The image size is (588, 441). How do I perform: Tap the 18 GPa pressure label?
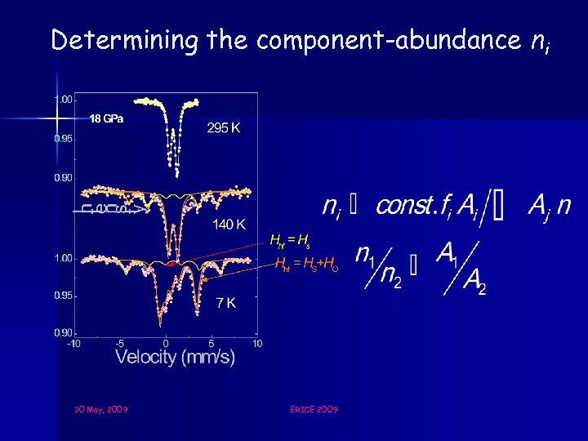[106, 119]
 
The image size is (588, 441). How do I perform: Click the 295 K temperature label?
[223, 129]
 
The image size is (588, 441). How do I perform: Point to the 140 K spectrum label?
[231, 224]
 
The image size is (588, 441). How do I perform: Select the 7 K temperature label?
[226, 302]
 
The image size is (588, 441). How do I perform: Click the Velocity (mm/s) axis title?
[175, 357]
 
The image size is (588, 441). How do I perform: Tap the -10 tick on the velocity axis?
[73, 344]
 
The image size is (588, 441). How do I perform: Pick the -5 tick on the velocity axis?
[119, 344]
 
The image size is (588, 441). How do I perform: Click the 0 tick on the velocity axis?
[166, 344]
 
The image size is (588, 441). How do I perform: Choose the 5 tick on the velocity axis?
[212, 344]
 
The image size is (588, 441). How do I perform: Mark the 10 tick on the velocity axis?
[256, 344]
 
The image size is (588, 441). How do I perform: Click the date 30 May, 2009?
[100, 408]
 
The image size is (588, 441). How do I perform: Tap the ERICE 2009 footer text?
[314, 408]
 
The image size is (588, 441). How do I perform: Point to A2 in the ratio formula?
[474, 282]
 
